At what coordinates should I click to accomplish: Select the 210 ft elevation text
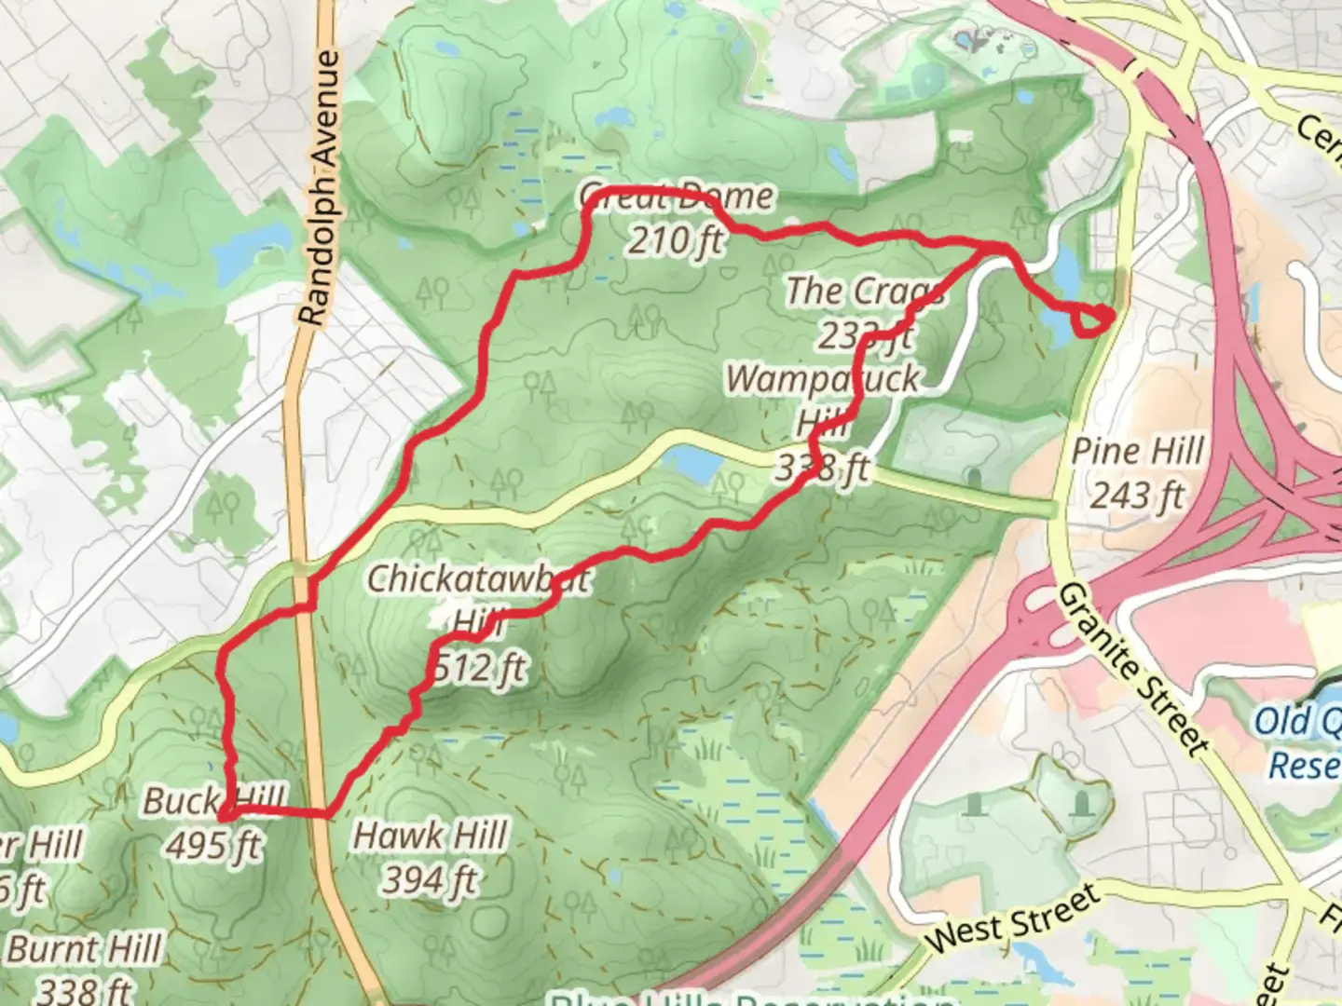point(675,240)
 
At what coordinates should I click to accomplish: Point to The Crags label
point(864,292)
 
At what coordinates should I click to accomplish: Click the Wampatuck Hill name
point(822,401)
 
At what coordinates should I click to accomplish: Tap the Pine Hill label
point(1137,452)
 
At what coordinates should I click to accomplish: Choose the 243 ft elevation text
point(1137,494)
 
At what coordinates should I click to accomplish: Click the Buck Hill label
point(214,801)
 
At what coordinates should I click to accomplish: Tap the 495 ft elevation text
point(214,845)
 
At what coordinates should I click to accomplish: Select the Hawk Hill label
point(431,836)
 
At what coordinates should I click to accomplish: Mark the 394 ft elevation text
point(431,879)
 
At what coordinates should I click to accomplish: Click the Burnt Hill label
point(86,950)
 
